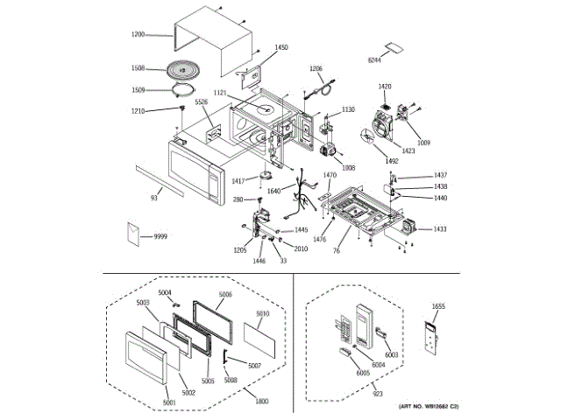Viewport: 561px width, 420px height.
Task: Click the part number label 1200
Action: click(138, 35)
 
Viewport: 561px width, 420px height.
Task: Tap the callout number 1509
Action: click(138, 89)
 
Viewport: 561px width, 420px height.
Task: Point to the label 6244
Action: click(374, 59)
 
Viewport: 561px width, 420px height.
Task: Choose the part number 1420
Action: click(384, 86)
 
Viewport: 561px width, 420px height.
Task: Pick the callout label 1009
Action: click(423, 142)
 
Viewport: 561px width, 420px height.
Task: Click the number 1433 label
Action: click(439, 229)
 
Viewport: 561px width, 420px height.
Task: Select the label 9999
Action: click(160, 236)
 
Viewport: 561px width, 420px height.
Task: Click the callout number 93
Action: click(154, 199)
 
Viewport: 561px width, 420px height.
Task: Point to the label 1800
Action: click(261, 400)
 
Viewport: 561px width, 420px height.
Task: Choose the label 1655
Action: click(439, 306)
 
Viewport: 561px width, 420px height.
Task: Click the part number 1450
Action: click(280, 47)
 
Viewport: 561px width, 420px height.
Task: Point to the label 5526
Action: click(202, 102)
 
